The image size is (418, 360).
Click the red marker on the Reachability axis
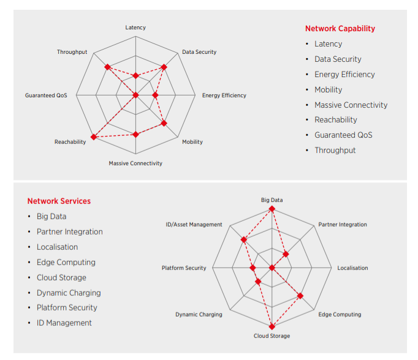coord(94,137)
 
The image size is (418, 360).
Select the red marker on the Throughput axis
coord(107,66)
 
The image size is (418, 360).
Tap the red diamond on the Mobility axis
coord(164,123)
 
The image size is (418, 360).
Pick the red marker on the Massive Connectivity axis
coord(136,134)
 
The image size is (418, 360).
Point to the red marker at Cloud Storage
coord(272,326)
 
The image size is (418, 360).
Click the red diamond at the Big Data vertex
coord(272,209)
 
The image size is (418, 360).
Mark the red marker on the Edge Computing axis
coord(300,296)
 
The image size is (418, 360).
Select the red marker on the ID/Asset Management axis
coord(244,239)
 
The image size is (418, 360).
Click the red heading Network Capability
coord(340,28)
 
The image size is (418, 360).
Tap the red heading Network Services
coord(59,201)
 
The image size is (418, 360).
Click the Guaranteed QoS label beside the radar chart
coord(46,96)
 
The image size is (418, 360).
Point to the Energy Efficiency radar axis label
coord(224,96)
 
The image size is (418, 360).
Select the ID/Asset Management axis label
coord(194,225)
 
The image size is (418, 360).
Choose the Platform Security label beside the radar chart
coord(184,268)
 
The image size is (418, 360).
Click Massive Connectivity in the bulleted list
coord(351,105)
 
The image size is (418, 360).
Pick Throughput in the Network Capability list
coord(335,150)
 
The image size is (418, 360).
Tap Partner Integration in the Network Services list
coord(69,231)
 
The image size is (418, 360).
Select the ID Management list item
coord(64,323)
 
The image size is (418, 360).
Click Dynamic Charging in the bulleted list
coord(68,293)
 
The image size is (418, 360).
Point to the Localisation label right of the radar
coord(353,268)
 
